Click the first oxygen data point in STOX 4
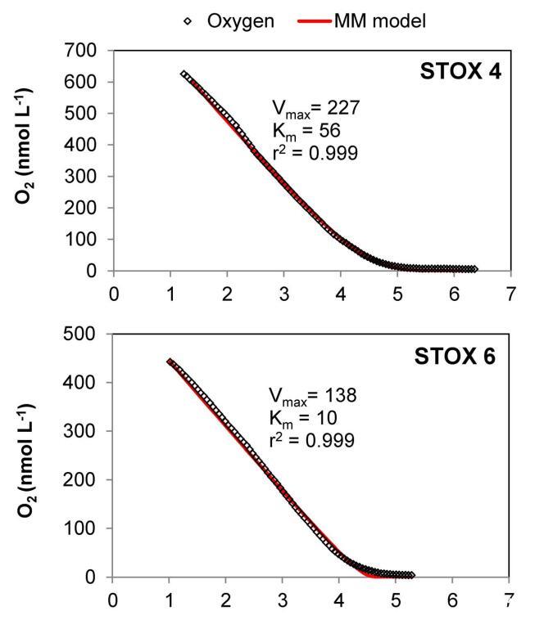click(x=184, y=74)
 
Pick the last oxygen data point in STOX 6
click(x=411, y=575)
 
